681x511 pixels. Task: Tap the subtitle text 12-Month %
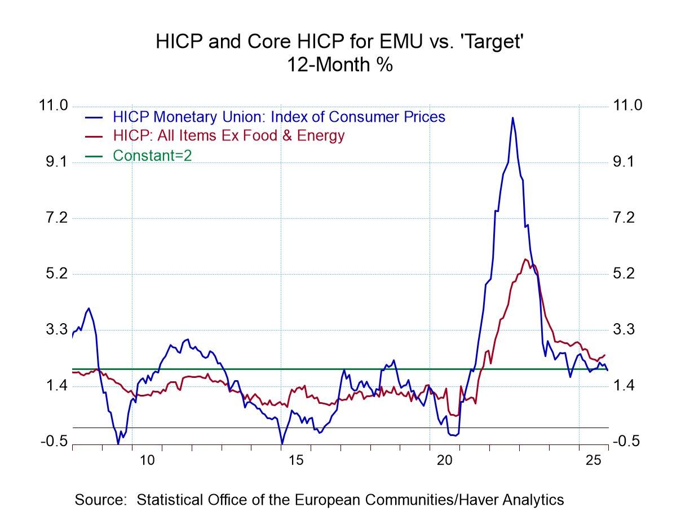(340, 64)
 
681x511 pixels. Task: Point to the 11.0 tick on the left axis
(54, 106)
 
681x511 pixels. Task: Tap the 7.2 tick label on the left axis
(54, 218)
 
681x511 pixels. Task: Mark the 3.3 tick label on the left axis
(54, 329)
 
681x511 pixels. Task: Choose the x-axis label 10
(147, 461)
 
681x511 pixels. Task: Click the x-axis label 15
(296, 461)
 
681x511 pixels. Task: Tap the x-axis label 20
(445, 461)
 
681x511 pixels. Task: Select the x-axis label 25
(594, 461)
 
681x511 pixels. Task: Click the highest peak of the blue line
(512, 117)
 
